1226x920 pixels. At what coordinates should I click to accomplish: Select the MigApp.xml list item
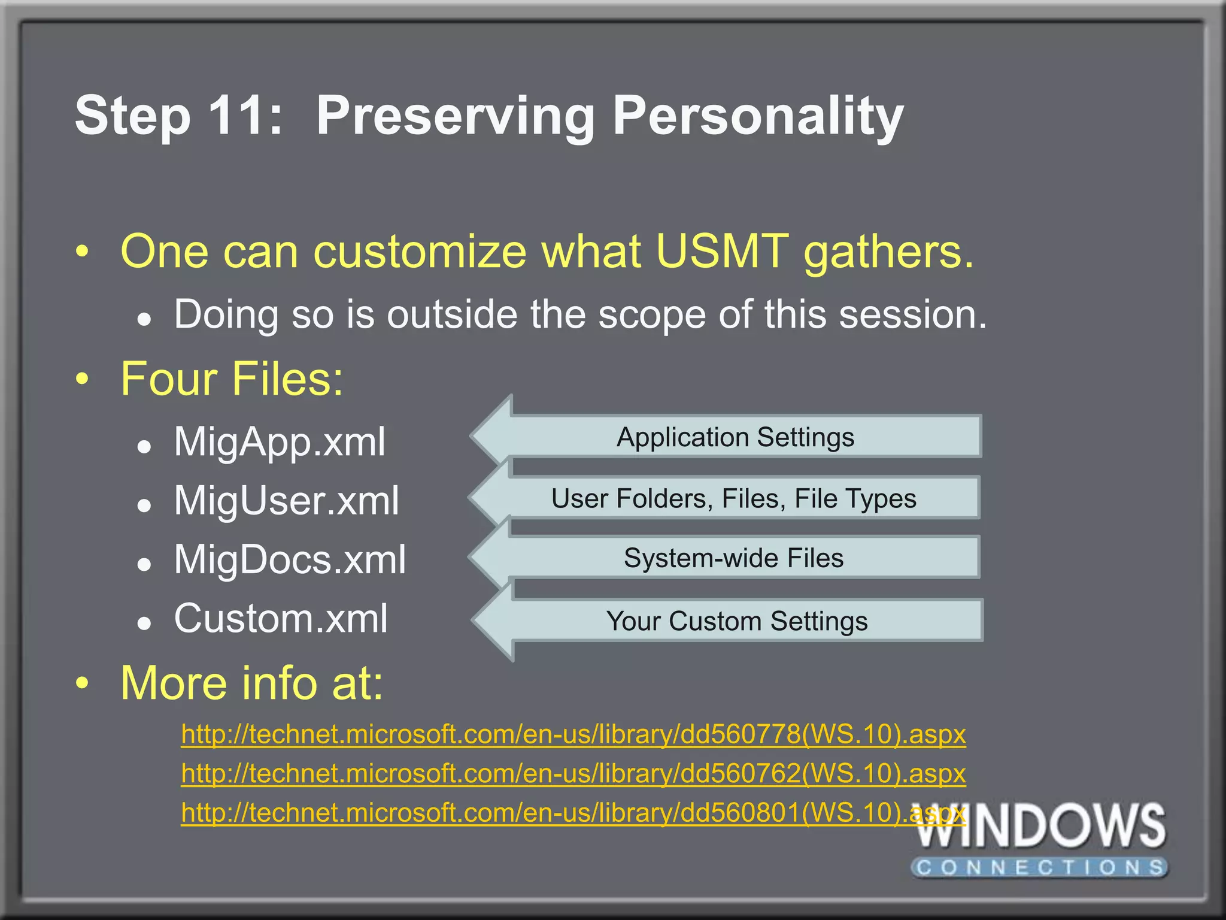pyautogui.click(x=280, y=442)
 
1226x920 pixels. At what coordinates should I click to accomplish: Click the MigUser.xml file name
pyautogui.click(x=286, y=501)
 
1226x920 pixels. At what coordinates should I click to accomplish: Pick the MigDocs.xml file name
pyautogui.click(x=290, y=559)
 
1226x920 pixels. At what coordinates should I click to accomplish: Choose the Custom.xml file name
pyautogui.click(x=281, y=618)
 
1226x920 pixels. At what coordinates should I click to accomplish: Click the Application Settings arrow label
pyautogui.click(x=735, y=437)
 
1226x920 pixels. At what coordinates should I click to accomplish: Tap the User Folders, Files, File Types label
pyautogui.click(x=733, y=498)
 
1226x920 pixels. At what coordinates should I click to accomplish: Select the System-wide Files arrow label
pyautogui.click(x=733, y=558)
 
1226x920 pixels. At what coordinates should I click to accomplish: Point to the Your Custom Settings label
pyautogui.click(x=736, y=621)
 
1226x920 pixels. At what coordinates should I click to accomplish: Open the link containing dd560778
pyautogui.click(x=573, y=734)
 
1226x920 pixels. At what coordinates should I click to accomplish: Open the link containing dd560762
pyautogui.click(x=573, y=773)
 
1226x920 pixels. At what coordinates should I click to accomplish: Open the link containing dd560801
pyautogui.click(x=573, y=813)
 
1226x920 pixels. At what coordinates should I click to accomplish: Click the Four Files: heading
pyautogui.click(x=232, y=379)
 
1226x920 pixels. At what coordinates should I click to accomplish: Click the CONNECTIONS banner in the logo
pyautogui.click(x=1040, y=867)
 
